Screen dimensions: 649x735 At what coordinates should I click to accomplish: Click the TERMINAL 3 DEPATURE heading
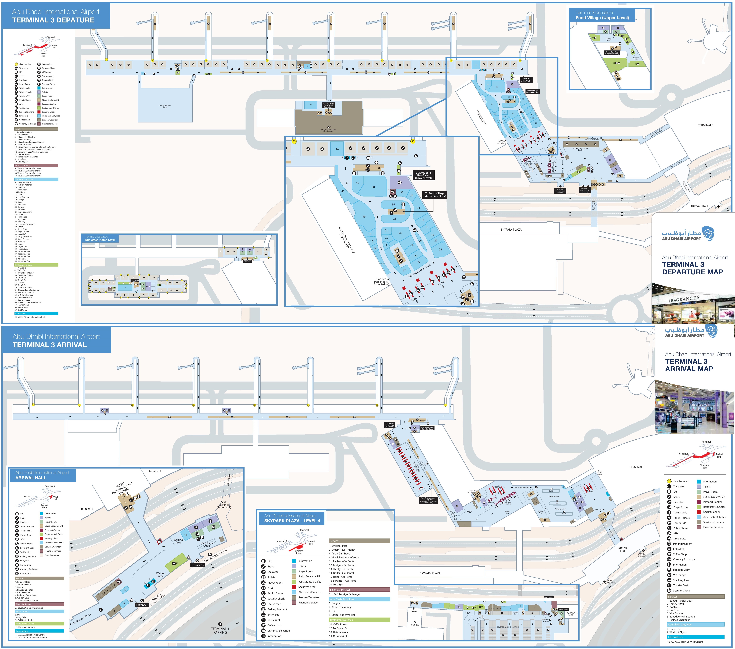pos(53,20)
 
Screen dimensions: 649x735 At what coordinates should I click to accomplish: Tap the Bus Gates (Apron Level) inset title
pos(100,240)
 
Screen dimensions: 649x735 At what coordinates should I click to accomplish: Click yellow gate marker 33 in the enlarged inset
pos(294,141)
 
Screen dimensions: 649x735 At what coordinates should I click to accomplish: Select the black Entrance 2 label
pos(197,565)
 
